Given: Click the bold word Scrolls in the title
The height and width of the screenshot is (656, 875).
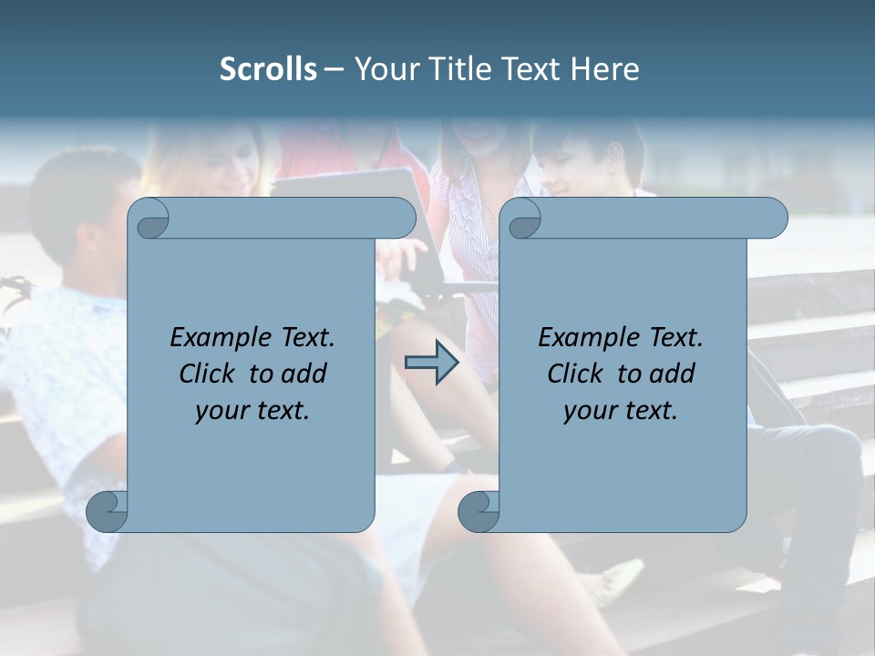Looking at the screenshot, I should tap(268, 69).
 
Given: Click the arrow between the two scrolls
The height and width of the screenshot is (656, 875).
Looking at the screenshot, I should tap(431, 364).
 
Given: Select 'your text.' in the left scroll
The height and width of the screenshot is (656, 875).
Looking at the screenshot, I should tap(252, 411).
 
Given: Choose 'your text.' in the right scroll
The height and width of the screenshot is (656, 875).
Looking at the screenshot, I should tap(620, 411).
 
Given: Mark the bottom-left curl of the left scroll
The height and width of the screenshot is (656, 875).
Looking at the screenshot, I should tap(108, 511).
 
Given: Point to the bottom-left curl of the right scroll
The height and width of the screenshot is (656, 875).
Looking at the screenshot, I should tap(479, 511).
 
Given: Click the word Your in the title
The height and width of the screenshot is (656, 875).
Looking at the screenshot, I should tap(382, 69).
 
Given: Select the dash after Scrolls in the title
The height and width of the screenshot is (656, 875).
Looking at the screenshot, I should tap(334, 69).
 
